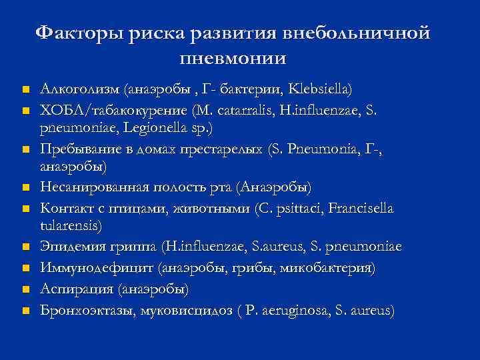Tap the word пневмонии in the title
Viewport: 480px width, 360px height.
233,57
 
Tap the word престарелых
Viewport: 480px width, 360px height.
219,147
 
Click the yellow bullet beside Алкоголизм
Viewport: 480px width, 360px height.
25,89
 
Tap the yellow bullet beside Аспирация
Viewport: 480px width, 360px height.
25,291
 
